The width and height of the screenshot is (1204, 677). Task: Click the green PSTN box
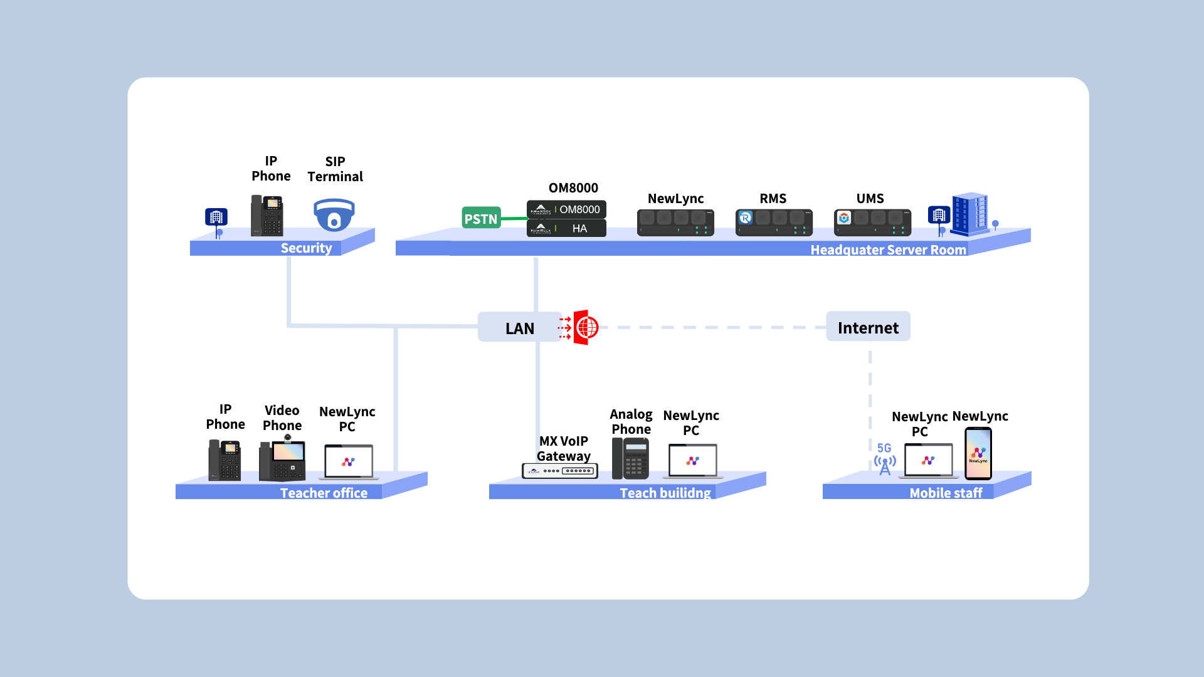pos(481,218)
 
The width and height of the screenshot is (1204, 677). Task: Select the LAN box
pos(520,328)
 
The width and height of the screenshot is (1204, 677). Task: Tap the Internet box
pos(868,327)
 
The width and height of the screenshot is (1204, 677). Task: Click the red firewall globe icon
pos(586,327)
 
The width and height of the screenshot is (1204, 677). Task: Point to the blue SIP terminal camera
pos(334,215)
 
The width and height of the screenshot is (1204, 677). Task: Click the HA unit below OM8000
pos(566,228)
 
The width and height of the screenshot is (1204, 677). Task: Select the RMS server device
pos(774,222)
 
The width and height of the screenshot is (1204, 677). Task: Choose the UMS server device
pos(872,222)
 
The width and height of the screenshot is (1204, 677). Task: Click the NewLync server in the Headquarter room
pos(675,222)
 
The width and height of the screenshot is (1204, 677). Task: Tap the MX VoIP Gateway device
pos(560,470)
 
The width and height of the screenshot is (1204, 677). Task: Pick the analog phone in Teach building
pos(631,458)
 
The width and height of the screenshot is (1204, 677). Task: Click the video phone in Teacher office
pos(282,460)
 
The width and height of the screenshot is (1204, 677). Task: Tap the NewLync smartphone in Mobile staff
pos(978,453)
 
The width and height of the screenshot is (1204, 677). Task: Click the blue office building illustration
pos(969,214)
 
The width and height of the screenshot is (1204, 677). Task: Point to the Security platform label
pos(306,248)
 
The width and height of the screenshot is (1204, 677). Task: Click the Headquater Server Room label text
pos(888,250)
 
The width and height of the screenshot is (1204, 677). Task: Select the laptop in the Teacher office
pos(349,462)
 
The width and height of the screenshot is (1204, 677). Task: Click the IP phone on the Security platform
pos(267,216)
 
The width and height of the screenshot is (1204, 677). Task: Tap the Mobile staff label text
pos(946,493)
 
